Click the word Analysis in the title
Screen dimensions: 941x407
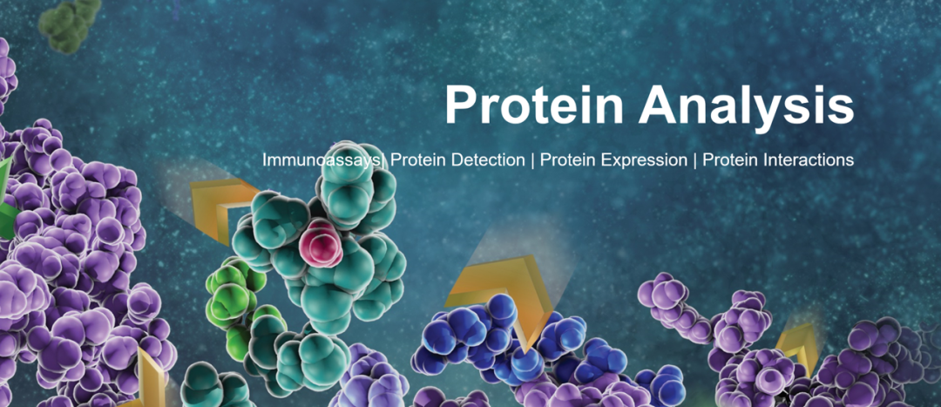click(746, 105)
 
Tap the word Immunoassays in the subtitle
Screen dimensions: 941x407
click(322, 160)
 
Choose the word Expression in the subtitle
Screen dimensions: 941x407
click(643, 161)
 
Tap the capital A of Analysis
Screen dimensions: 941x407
click(655, 105)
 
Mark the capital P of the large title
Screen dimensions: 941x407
click(459, 105)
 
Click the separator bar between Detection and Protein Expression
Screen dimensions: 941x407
click(532, 161)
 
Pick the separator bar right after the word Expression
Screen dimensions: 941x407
click(695, 161)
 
